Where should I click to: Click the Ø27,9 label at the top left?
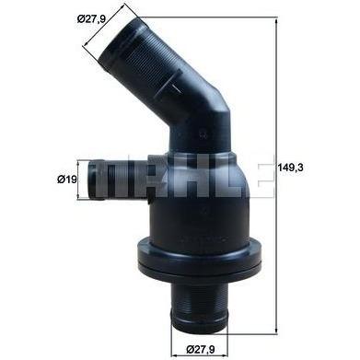(x=91, y=19)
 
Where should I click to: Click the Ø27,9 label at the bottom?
(x=201, y=349)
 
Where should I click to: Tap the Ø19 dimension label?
(x=66, y=180)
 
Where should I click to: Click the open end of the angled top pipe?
(x=119, y=42)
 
